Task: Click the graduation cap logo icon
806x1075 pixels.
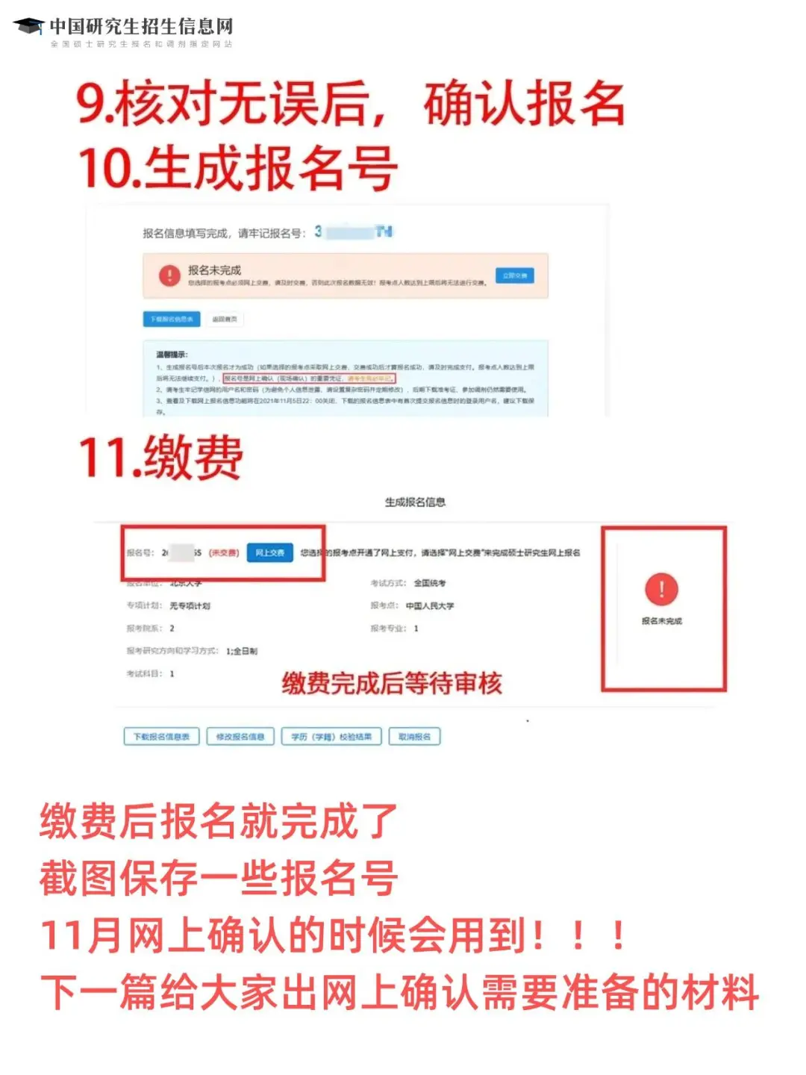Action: [x=29, y=27]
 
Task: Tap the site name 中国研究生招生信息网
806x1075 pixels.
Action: [x=141, y=27]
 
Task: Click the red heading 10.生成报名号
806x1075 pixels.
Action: [x=237, y=168]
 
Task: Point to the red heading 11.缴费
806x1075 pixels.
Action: [x=160, y=457]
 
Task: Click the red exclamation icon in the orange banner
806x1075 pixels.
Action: [x=169, y=275]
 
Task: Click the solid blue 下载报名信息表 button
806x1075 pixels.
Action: [x=172, y=319]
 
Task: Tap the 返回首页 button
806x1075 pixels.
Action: [x=224, y=319]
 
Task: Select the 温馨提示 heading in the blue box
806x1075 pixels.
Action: [x=172, y=354]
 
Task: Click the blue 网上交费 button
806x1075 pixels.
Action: [x=269, y=552]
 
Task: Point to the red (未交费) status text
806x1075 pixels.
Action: [x=223, y=552]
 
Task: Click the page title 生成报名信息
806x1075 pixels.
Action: [x=415, y=502]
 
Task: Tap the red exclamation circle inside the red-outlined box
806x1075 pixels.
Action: [x=661, y=589]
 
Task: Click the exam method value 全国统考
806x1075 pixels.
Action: [x=429, y=583]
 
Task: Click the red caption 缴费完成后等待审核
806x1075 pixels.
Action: [x=392, y=683]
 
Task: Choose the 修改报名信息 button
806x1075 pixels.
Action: [x=240, y=737]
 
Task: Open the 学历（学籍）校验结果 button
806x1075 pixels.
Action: [x=331, y=737]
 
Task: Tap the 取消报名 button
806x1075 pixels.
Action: [x=414, y=737]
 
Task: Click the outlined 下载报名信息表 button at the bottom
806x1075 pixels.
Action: [x=161, y=737]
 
